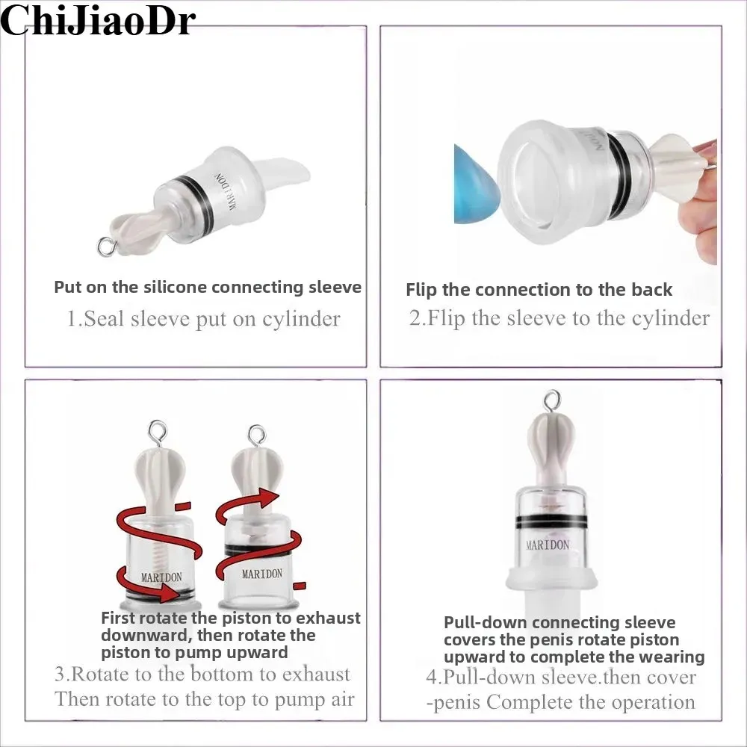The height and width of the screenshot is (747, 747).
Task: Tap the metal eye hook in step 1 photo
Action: tap(106, 247)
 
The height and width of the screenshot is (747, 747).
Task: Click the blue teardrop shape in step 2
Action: tap(477, 184)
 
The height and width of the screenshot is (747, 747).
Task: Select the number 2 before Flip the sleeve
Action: tap(415, 317)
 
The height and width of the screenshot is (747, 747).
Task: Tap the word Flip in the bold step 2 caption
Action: tap(421, 290)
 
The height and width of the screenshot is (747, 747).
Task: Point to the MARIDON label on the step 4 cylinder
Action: tap(548, 545)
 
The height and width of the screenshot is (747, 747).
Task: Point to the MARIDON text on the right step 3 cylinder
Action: tap(262, 574)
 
